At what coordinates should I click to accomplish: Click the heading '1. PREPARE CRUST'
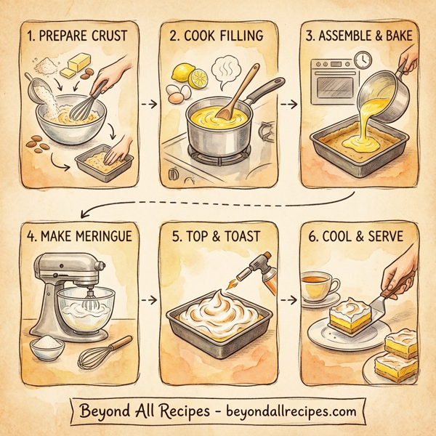[x=76, y=34]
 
